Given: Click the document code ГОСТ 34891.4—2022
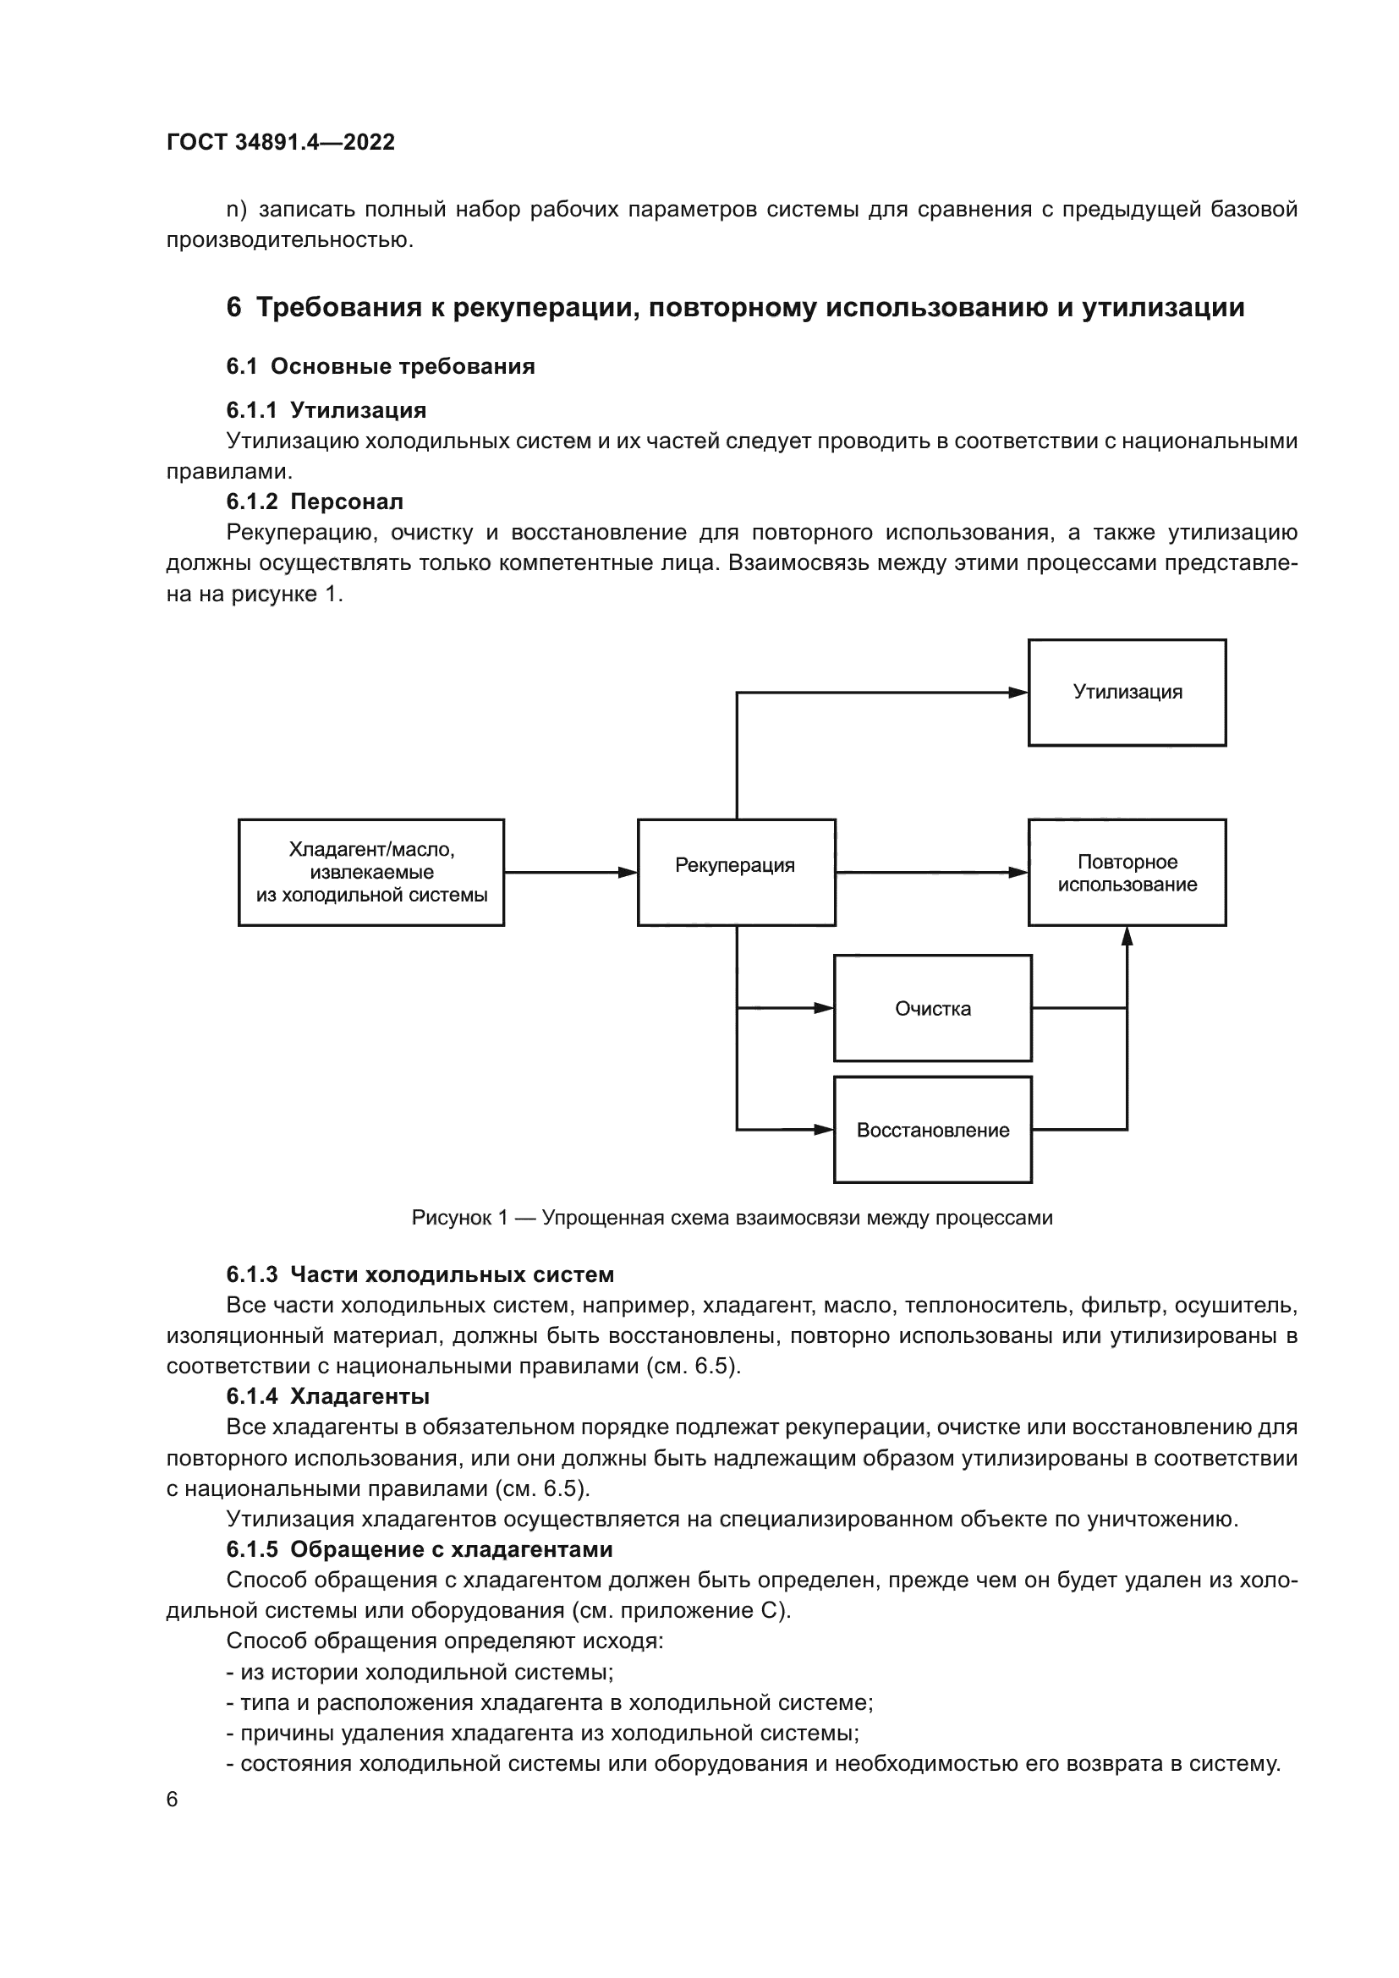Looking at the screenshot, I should (x=280, y=142).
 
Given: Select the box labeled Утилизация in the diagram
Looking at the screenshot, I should (x=1126, y=693).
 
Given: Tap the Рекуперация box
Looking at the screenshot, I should (x=736, y=872).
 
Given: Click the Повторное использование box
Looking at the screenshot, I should (x=1126, y=872).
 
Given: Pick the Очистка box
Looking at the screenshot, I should (x=932, y=1008).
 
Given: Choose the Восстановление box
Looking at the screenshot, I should (x=932, y=1130).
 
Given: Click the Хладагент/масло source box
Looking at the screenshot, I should (x=370, y=872).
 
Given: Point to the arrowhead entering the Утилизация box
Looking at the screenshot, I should (x=1018, y=693).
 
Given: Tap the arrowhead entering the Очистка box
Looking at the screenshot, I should (x=824, y=1008).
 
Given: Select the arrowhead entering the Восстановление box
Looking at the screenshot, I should (x=824, y=1130).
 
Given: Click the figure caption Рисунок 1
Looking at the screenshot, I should (x=732, y=1217).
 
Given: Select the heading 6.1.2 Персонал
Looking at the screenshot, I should (x=315, y=501).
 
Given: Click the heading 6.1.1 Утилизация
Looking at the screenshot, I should (x=326, y=410).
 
